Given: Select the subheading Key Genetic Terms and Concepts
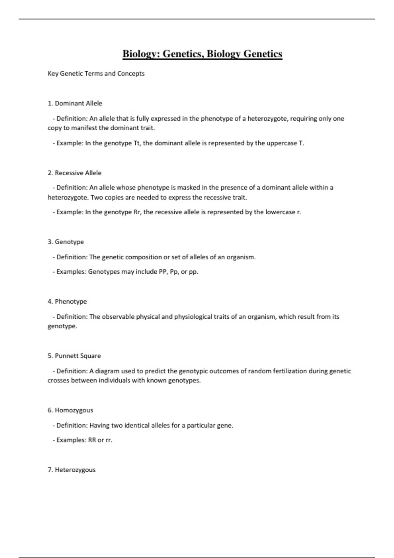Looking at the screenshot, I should coord(96,74).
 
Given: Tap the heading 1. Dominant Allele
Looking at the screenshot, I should coord(75,103).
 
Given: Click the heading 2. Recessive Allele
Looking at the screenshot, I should coord(75,173).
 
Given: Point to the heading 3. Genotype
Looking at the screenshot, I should coord(66,242).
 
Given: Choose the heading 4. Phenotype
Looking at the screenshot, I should coord(67,302).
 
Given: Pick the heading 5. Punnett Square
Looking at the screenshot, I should coord(74,356).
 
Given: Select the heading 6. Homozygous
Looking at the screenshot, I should coord(70,410).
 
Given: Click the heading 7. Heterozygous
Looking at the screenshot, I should coord(72,470).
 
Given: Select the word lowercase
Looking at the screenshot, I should coord(280,212).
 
